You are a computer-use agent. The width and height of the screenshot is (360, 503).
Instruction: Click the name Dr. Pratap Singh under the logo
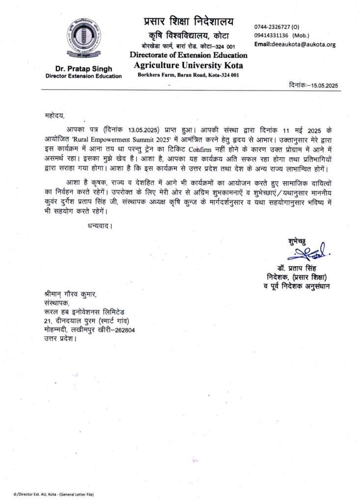(x=83, y=69)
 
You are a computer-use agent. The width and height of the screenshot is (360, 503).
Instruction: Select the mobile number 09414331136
(x=273, y=35)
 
